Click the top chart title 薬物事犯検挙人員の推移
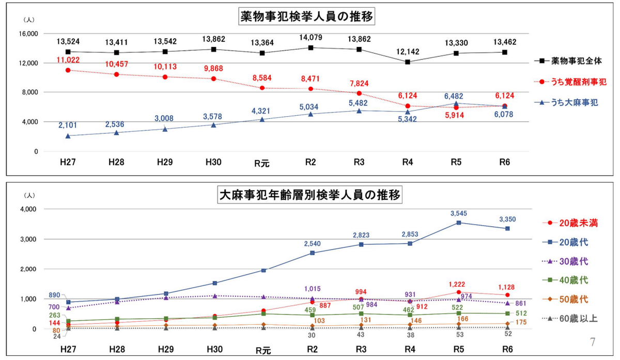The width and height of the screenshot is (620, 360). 307,17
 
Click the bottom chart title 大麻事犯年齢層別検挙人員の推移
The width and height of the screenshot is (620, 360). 309,196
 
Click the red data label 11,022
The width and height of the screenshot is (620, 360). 68,60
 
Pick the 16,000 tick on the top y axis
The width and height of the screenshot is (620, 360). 28,34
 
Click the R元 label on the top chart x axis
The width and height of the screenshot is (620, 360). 261,164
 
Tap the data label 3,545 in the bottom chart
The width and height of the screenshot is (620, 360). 458,213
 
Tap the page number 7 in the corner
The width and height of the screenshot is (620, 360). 593,342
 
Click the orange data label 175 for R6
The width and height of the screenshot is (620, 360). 521,323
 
